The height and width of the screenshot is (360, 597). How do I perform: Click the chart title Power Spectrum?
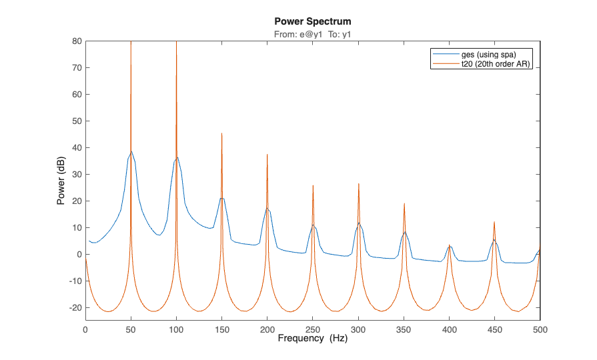pos(313,21)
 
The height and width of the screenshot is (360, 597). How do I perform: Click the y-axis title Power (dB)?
pos(61,181)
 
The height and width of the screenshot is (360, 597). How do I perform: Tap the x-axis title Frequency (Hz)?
pos(313,339)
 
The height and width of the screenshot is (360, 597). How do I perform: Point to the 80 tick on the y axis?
pos(77,41)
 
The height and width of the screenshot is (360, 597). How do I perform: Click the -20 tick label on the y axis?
pos(74,308)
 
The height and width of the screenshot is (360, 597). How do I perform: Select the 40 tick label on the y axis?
pos(77,148)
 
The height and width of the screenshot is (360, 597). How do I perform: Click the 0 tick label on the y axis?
pos(79,255)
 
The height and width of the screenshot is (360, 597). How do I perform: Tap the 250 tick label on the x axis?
pos(313,329)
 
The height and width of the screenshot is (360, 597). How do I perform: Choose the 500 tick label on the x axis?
pos(540,329)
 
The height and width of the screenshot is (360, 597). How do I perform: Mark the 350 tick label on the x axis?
pos(404,329)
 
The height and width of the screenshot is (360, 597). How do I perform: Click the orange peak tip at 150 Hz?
pos(222,133)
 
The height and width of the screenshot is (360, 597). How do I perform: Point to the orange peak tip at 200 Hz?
pos(267,155)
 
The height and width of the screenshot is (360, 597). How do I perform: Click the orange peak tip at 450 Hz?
pos(494,222)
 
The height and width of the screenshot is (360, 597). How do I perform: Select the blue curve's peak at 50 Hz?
pos(131,152)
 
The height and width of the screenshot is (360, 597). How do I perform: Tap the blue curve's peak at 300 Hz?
pos(359,223)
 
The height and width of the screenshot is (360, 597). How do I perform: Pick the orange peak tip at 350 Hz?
pos(404,203)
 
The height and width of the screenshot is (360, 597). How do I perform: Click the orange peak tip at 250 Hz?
pos(313,186)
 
